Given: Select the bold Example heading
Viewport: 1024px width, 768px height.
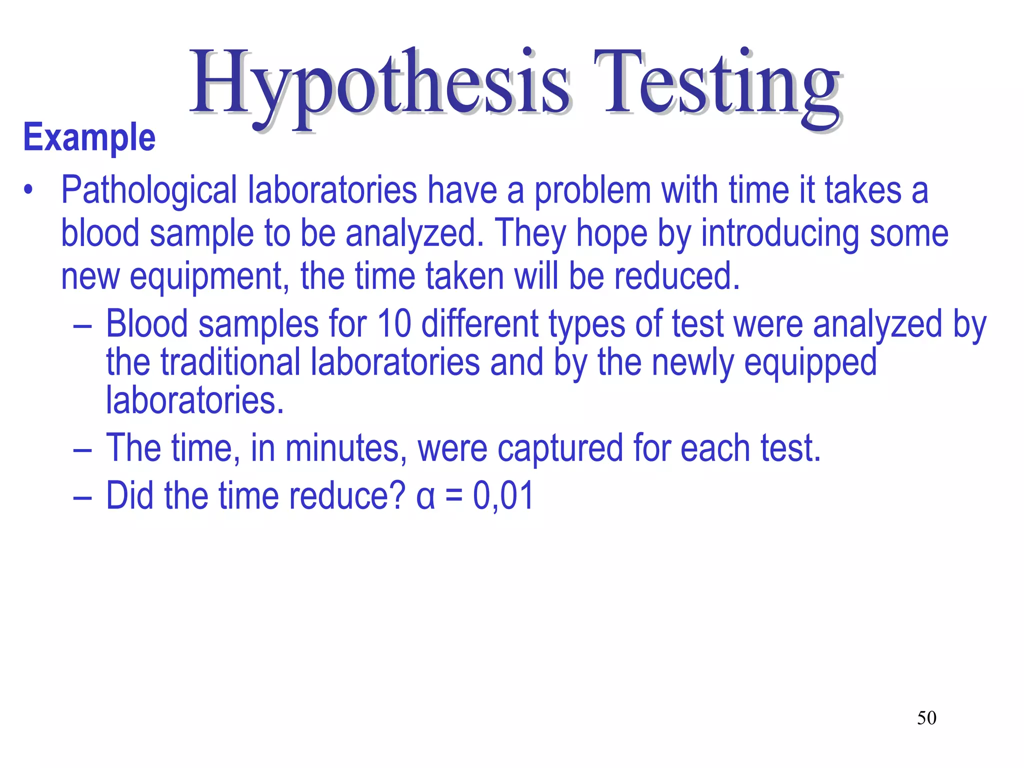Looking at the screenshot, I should pos(89,137).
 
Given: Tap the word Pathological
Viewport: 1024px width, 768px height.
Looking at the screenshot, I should pos(148,191).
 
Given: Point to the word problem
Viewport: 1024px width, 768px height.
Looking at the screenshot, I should pos(592,191).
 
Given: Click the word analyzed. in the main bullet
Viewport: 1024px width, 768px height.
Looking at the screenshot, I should pos(414,233).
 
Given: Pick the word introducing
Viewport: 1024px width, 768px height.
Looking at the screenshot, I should pos(780,233).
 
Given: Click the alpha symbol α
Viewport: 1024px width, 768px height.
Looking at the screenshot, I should pos(425,497).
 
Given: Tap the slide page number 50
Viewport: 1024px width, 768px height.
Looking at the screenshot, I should pos(926,718).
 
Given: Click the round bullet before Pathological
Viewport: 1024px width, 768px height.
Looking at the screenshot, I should pos(28,190).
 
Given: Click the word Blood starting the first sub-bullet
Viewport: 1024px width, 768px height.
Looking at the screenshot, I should pos(147,323).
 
